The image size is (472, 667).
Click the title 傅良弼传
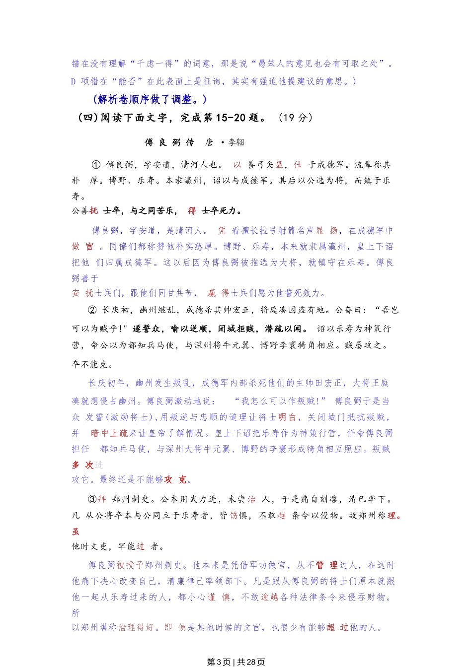point(169,142)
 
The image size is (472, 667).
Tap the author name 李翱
point(236,142)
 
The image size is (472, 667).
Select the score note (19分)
point(295,118)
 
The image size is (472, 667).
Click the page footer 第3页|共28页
point(236,662)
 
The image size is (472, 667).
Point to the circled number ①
point(96,165)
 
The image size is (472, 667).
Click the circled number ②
point(92,310)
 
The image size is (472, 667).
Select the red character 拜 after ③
point(102,499)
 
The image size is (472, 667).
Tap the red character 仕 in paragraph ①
point(298,165)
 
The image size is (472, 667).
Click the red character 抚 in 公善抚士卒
point(94,211)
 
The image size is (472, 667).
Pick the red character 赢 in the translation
point(212,293)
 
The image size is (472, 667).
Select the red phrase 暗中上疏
point(109,433)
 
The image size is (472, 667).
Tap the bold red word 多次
point(82,465)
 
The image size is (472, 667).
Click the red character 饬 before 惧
point(234,516)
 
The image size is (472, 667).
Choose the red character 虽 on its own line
point(76,532)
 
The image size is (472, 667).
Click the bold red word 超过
point(337,628)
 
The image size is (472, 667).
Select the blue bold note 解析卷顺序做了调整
point(150,100)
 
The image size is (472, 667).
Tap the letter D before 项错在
point(74,81)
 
